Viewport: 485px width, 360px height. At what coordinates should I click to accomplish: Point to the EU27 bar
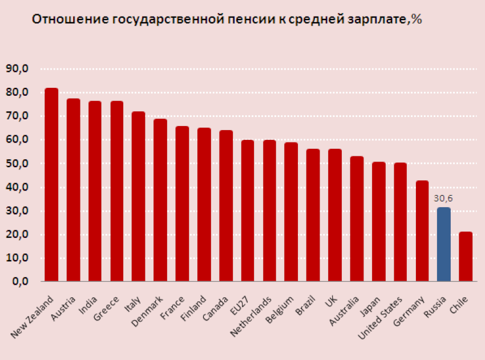coord(248,211)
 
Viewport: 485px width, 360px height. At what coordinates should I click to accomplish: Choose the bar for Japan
coord(378,222)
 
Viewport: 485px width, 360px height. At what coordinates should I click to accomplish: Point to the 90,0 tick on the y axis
coord(17,69)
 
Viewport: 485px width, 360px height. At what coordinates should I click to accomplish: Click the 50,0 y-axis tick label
coord(17,164)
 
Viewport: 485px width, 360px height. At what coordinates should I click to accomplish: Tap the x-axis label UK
coord(330,301)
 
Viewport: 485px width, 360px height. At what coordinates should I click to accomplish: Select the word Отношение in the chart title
coord(62,19)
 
